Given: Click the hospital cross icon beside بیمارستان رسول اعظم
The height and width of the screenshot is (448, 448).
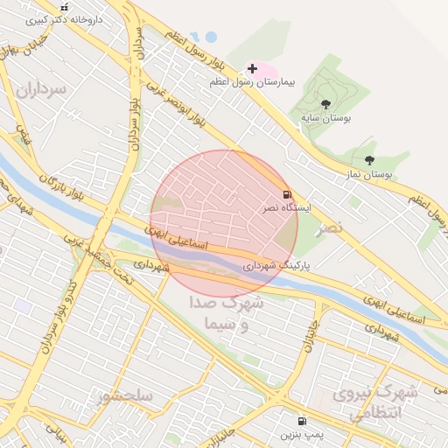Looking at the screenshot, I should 253,68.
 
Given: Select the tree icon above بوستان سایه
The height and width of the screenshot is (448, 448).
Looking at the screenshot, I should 325,104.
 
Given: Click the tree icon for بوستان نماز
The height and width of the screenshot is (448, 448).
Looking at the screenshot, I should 369,160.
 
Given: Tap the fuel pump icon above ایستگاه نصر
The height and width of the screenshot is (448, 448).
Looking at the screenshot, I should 286,194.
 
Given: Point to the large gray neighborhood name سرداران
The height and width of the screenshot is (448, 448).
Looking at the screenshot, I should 39,89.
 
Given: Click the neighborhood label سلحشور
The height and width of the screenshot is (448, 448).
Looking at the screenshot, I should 126,395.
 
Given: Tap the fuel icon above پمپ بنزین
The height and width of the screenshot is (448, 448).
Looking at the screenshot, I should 302,421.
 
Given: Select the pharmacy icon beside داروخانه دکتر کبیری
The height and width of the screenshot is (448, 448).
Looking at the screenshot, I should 63,6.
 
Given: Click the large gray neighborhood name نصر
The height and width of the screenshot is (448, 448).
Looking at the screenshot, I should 329,227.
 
